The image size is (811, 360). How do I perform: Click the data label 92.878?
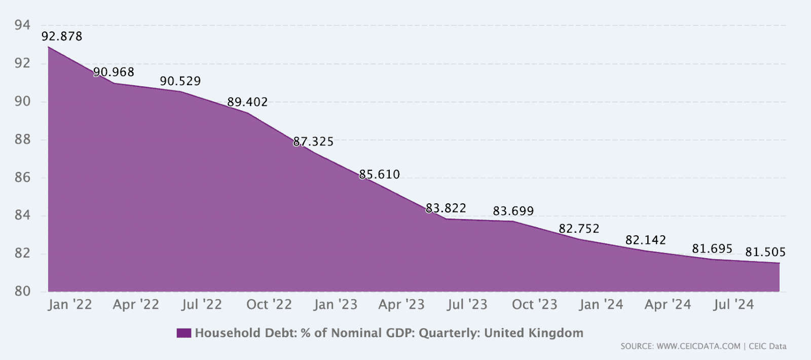62,37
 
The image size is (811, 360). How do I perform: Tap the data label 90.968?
114,72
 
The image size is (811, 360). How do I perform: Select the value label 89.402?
247,102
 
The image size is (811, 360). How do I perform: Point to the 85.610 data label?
380,174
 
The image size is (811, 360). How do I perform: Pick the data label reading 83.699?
513,211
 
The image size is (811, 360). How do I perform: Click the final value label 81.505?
765,252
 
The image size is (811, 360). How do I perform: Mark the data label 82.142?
646,240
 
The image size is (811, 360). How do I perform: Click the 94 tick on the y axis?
22,25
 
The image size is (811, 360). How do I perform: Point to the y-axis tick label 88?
22,140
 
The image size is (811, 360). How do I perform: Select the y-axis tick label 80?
22,291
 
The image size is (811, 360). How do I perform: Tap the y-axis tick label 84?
22,215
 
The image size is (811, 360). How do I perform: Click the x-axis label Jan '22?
70,305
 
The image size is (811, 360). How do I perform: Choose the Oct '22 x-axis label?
269,305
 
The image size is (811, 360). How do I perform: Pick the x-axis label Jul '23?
467,305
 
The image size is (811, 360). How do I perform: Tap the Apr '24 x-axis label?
668,305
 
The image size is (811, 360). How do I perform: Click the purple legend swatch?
184,333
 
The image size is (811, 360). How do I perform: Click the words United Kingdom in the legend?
534,333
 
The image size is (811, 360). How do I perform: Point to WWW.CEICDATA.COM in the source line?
698,346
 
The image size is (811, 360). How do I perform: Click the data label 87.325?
313,141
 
